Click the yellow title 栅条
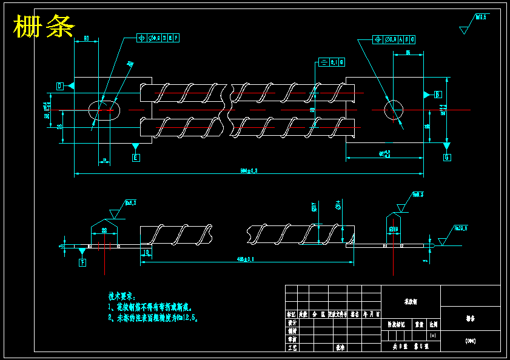coord(44,27)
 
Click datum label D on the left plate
coord(60,86)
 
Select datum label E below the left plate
coord(135,158)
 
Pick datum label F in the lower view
coord(82,262)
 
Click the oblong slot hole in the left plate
coord(105,110)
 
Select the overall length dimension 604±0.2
coord(249,171)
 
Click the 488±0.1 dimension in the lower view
coord(246,259)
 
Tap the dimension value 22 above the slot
coord(104,230)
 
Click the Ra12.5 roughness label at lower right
coord(461,228)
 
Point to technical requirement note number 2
coord(153,317)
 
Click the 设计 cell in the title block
coord(292,324)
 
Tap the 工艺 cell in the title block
coord(292,348)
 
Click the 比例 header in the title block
coord(433,324)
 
